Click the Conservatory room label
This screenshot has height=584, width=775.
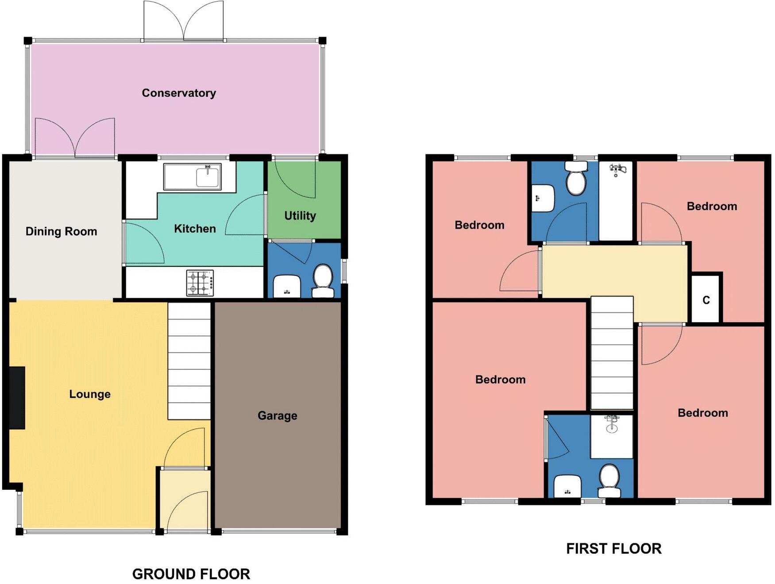pyautogui.click(x=179, y=93)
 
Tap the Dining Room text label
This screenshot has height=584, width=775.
pyautogui.click(x=61, y=231)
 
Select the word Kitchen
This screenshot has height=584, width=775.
pyautogui.click(x=195, y=229)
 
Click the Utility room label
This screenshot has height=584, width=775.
pyautogui.click(x=300, y=216)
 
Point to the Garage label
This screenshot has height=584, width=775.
pyautogui.click(x=278, y=415)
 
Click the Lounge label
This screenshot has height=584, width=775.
pyautogui.click(x=90, y=394)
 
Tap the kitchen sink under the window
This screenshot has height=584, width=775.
pyautogui.click(x=192, y=177)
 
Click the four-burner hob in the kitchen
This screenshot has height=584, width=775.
pyautogui.click(x=200, y=283)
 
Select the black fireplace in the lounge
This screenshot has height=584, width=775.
pyautogui.click(x=17, y=398)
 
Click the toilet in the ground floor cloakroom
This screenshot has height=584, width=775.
pyautogui.click(x=323, y=281)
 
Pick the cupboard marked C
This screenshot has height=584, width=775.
pyautogui.click(x=706, y=300)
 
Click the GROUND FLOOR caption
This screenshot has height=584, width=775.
pyautogui.click(x=191, y=574)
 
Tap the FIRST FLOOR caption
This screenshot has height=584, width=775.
pyautogui.click(x=614, y=549)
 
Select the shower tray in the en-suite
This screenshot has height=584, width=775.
pyautogui.click(x=612, y=437)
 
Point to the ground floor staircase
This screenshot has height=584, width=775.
pyautogui.click(x=189, y=361)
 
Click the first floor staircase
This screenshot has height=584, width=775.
pyautogui.click(x=612, y=353)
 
